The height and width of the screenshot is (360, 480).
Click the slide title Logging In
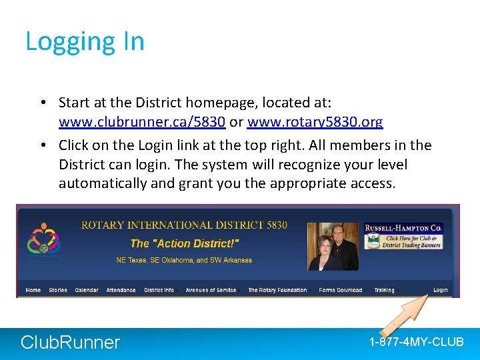point(85,41)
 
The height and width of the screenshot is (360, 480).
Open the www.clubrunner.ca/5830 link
point(141,122)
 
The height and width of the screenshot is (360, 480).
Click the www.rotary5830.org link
point(315,122)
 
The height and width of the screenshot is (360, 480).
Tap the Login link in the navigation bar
point(440,290)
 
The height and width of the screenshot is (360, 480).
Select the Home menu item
point(33,290)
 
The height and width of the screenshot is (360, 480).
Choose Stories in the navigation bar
point(58,290)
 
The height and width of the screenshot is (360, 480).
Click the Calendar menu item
point(87,290)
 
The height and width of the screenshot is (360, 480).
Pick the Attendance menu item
point(121,290)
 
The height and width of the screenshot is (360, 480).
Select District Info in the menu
point(159,290)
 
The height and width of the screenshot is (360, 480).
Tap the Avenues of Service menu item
point(211,290)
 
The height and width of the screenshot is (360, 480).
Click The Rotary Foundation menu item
point(277,290)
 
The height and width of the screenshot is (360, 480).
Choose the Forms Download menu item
point(340,290)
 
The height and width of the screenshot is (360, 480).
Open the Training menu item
point(384,290)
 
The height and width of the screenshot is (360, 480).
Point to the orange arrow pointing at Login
point(403,314)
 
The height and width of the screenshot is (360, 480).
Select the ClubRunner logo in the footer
point(70,343)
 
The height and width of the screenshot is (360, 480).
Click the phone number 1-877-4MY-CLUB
point(416,342)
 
